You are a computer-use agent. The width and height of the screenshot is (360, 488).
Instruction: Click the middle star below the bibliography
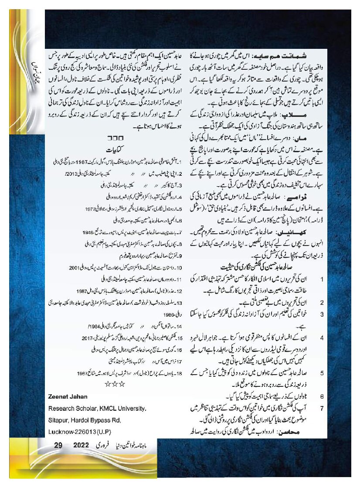(x=115, y=384)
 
